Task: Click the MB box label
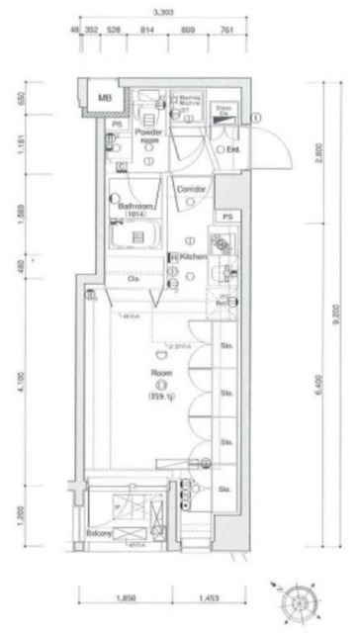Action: [103, 97]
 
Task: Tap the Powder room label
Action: [148, 136]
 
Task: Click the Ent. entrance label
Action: [234, 149]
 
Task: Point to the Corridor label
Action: [190, 187]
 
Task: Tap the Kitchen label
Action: [192, 256]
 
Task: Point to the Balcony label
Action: [98, 532]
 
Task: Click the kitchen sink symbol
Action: [220, 244]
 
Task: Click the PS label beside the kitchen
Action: [227, 215]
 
